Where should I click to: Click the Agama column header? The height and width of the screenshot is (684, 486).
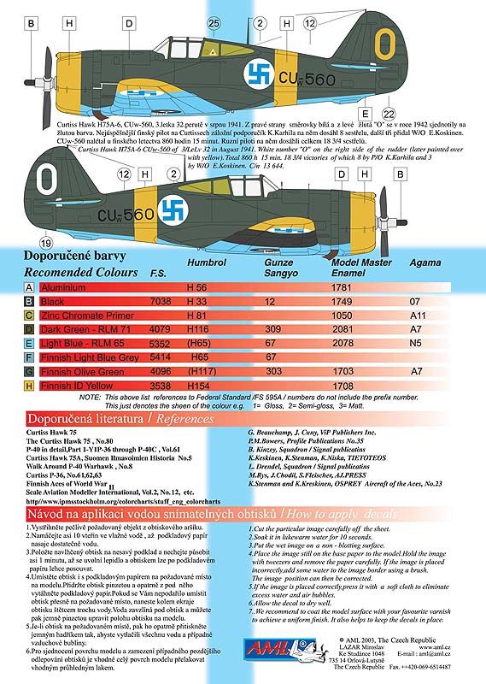[427, 267]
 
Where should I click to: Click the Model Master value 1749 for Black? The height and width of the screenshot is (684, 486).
[341, 302]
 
